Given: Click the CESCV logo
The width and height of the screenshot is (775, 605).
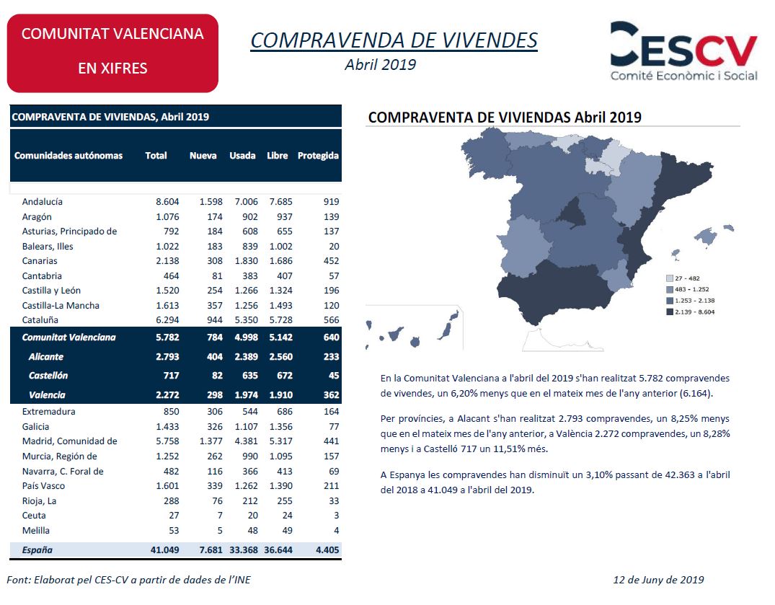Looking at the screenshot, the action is [683, 51].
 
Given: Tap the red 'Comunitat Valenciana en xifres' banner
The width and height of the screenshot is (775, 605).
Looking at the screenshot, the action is [112, 53].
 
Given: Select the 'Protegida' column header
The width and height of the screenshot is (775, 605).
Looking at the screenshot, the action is [318, 156].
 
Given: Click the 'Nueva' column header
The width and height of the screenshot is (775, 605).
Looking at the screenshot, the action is [203, 156].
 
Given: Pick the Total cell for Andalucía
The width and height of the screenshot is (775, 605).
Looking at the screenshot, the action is [167, 202].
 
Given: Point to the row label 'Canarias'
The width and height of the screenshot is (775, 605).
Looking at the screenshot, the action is [40, 261].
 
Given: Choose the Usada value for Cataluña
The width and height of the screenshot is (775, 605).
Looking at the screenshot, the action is [246, 320].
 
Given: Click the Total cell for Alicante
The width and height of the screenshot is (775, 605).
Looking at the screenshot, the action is [167, 357].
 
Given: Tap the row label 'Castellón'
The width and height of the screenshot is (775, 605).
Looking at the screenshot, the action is [48, 376].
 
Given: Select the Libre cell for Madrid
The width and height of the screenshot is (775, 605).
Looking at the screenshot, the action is [280, 441].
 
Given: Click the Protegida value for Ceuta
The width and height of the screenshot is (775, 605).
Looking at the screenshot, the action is [337, 516].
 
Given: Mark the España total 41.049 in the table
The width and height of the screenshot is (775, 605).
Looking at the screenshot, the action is [165, 550].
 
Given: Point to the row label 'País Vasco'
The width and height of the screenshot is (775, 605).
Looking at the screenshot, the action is [43, 486].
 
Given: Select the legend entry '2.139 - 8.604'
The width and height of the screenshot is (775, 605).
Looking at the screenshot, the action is [691, 312].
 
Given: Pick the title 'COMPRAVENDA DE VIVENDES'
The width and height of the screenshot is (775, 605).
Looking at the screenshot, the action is [394, 40].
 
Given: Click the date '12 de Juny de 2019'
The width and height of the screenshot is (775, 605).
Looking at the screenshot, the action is [658, 580].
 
